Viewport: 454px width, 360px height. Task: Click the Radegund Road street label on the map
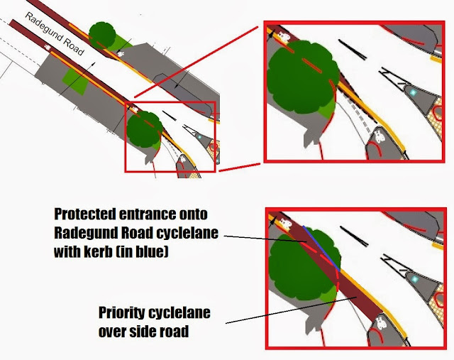pyautogui.click(x=55, y=33)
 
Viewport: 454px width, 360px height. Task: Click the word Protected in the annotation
pyautogui.click(x=84, y=214)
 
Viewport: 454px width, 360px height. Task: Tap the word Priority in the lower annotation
pyautogui.click(x=121, y=312)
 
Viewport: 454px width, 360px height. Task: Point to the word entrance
pyautogui.click(x=147, y=214)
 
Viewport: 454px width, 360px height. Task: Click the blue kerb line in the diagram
pyautogui.click(x=321, y=248)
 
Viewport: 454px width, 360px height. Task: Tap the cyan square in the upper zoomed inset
pyautogui.click(x=413, y=92)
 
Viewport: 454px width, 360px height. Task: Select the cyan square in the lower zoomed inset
pyautogui.click(x=415, y=280)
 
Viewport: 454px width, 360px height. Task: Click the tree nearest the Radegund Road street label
pyautogui.click(x=102, y=36)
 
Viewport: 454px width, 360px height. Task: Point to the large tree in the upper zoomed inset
pyautogui.click(x=303, y=77)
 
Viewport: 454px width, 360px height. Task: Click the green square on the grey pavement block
pyautogui.click(x=75, y=82)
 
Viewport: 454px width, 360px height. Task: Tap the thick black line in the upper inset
pyautogui.click(x=353, y=50)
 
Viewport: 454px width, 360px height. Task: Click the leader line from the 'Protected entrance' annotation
pyautogui.click(x=265, y=239)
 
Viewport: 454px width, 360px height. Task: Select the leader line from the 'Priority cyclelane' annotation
pyautogui.click(x=292, y=310)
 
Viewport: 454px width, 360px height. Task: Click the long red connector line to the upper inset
pyautogui.click(x=196, y=62)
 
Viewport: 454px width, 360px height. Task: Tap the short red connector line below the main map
pyautogui.click(x=240, y=168)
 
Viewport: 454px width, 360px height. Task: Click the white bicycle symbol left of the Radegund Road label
pyautogui.click(x=48, y=47)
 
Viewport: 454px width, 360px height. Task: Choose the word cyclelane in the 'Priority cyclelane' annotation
pyautogui.click(x=179, y=312)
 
